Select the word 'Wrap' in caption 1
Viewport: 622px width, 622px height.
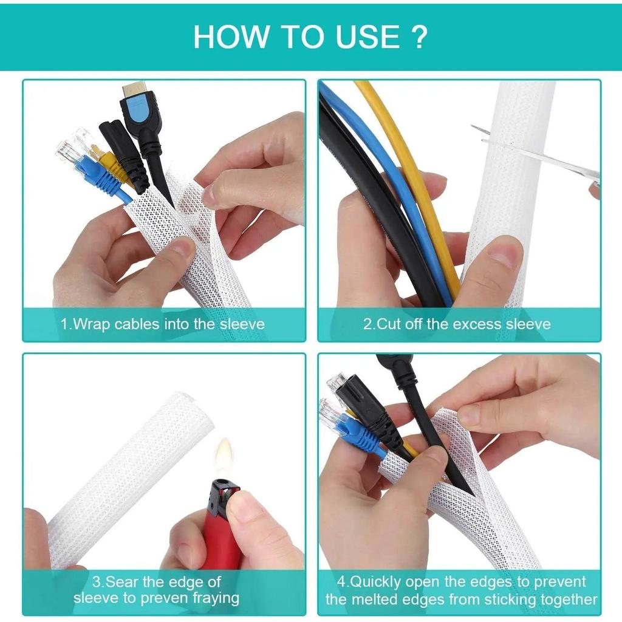pos(92,324)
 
